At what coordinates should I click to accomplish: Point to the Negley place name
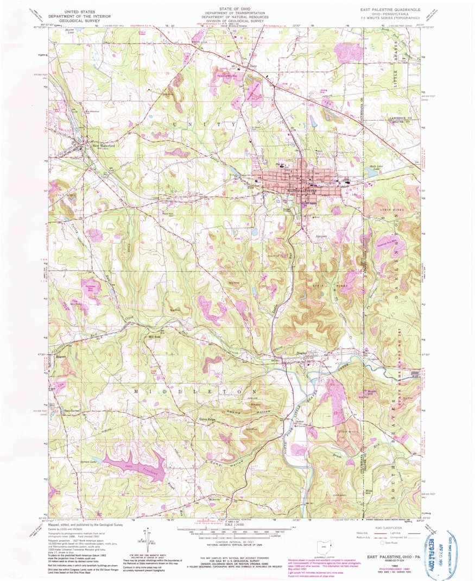(x=302, y=353)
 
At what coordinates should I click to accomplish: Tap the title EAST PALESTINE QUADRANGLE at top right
(x=389, y=10)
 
